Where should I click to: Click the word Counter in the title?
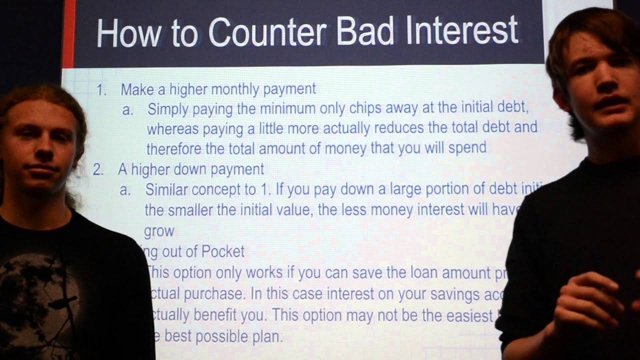click(x=267, y=32)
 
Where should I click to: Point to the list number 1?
click(x=101, y=90)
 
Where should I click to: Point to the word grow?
click(x=159, y=231)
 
